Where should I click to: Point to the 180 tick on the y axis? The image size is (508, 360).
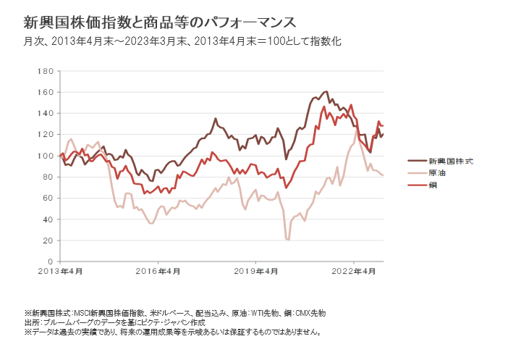[x=45, y=71]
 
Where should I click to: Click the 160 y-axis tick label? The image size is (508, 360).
[x=45, y=92]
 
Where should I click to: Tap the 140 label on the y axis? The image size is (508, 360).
[x=45, y=113]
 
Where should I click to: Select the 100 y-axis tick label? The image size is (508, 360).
[x=45, y=156]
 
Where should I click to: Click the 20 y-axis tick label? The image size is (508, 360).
[x=47, y=240]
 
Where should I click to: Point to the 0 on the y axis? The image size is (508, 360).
[x=49, y=261]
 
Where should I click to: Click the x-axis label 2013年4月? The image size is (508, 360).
[x=60, y=272]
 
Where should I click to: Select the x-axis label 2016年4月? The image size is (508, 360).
[x=158, y=272]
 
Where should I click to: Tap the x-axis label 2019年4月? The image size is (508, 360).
[x=256, y=272]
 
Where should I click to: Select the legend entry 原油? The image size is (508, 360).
[x=437, y=173]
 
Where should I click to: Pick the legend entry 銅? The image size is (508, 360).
[x=433, y=185]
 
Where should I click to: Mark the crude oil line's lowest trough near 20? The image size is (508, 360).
[x=288, y=239]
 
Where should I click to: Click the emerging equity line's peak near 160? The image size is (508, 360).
[x=326, y=92]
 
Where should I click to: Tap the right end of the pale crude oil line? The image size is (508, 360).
[x=383, y=175]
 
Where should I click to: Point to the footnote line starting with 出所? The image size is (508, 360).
[x=116, y=322]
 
